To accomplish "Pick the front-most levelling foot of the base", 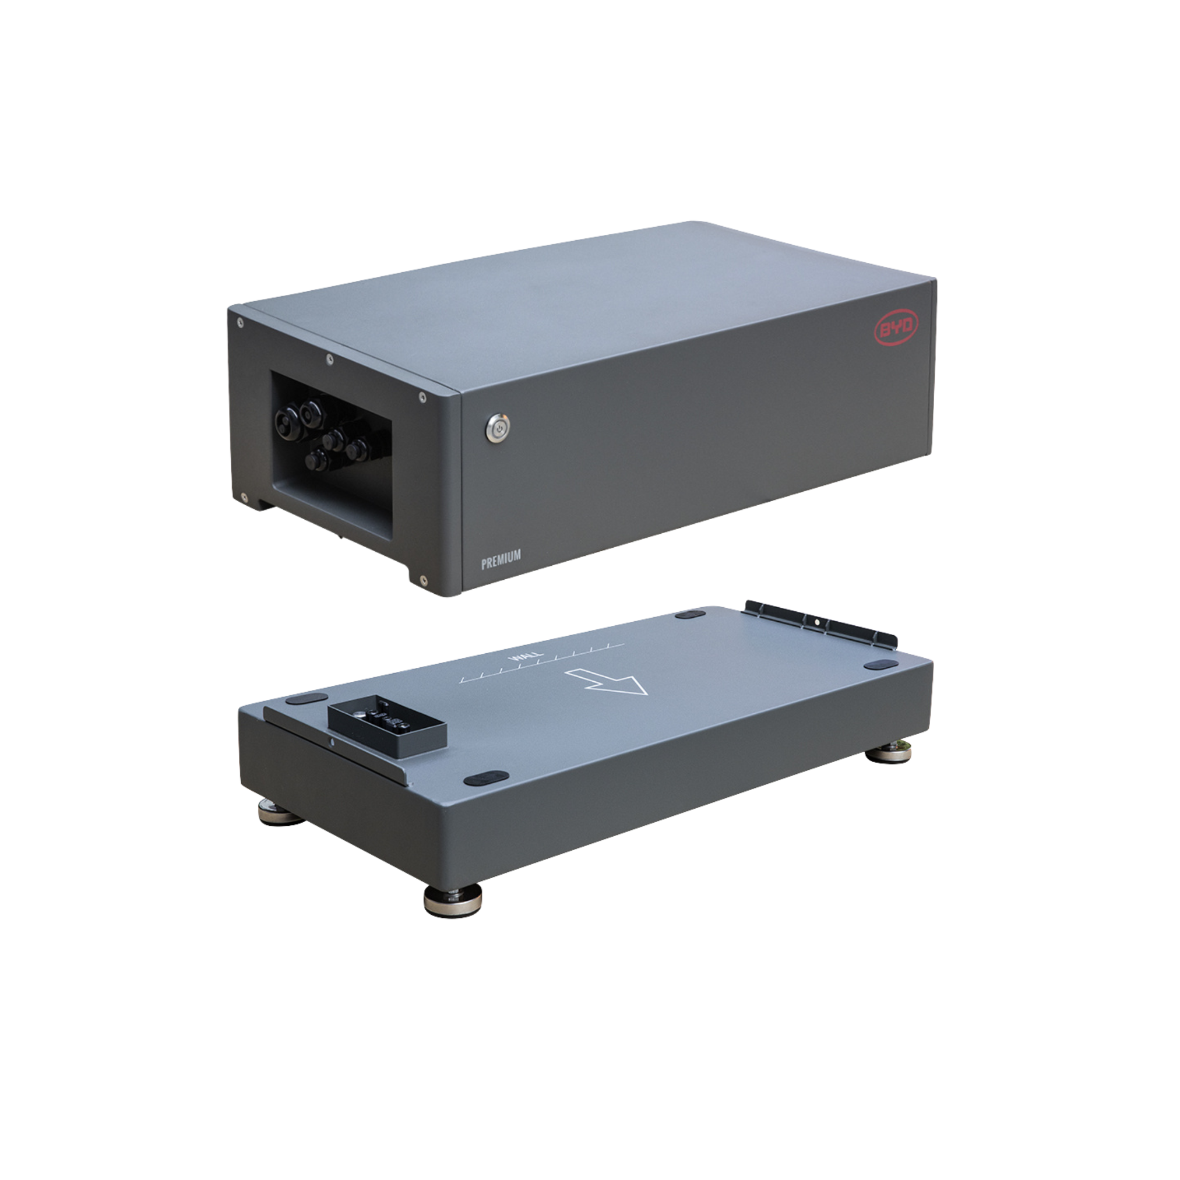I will (x=452, y=900).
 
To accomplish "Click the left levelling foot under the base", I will (x=282, y=812).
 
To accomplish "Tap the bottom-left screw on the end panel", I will (x=244, y=498).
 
